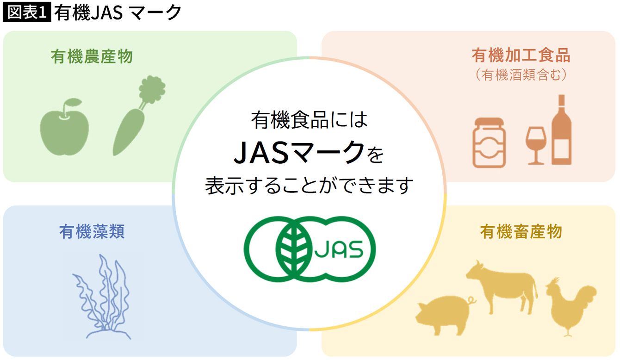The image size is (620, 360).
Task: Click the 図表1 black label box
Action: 27,12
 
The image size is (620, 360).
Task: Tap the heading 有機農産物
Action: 92,56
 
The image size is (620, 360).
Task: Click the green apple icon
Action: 64,127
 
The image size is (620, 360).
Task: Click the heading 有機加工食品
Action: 521,55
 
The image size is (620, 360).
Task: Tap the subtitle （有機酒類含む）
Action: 521,75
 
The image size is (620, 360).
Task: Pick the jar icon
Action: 489,143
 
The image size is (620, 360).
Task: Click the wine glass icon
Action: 536,146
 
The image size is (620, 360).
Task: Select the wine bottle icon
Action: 562,130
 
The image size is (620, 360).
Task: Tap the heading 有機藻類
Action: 92,231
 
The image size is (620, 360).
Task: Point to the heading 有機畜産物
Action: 521,231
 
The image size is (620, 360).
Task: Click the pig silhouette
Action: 443,315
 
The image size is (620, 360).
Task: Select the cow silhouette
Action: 502,287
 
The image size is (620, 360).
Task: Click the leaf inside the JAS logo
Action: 294,249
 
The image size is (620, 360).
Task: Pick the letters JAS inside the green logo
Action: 339,249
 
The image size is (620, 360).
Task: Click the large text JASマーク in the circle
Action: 299,152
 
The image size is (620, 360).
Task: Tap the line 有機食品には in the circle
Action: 309,120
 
